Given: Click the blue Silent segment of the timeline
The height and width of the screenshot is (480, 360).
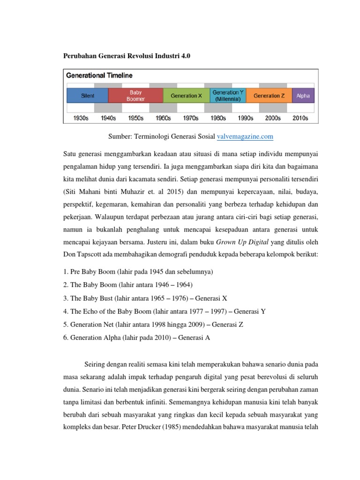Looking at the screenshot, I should (x=87, y=96).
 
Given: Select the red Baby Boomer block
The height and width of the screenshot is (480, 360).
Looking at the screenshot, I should (x=135, y=96).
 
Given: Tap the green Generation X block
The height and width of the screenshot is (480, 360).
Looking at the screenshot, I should (x=186, y=96).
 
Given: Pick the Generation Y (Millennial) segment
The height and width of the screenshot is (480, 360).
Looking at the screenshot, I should (x=228, y=96).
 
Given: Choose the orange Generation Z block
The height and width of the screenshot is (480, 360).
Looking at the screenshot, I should (x=269, y=96).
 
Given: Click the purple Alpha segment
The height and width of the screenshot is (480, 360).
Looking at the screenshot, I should (x=303, y=96).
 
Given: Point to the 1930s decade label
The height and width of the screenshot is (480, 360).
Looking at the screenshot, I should (x=81, y=118).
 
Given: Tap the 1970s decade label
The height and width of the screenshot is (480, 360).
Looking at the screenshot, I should (x=191, y=118).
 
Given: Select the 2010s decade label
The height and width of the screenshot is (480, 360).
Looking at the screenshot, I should (x=300, y=118).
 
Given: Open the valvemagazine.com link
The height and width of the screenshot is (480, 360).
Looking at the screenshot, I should (x=245, y=136).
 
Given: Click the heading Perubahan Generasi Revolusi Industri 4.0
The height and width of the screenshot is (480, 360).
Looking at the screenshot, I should (x=127, y=56).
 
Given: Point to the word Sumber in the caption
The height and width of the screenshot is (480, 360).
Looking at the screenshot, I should (x=120, y=136).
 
